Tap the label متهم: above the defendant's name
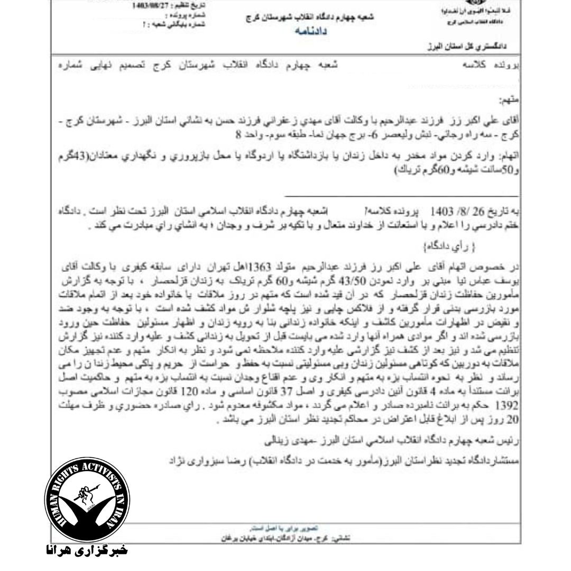coord(510,99)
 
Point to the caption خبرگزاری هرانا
coord(85,550)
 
